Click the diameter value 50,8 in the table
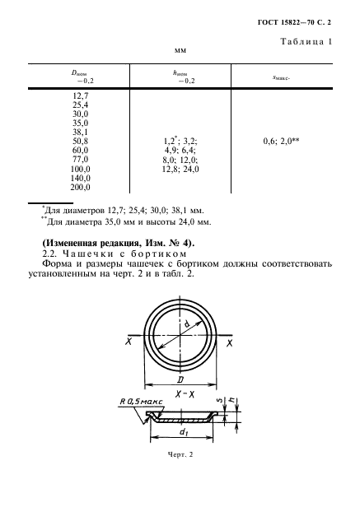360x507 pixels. click(x=82, y=141)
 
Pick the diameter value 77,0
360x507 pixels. click(x=82, y=160)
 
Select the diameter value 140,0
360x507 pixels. click(x=80, y=178)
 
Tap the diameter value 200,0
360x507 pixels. click(x=80, y=188)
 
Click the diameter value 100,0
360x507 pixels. click(x=80, y=169)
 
